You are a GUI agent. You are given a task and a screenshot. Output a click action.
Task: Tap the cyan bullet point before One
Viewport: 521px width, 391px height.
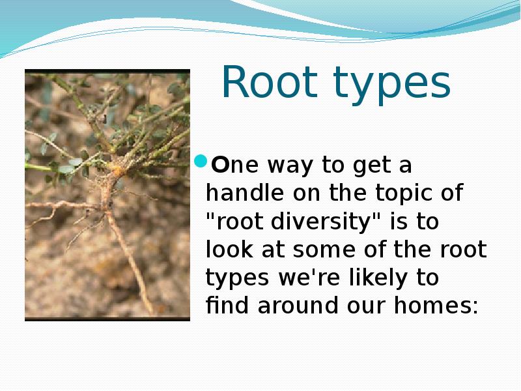click(201, 162)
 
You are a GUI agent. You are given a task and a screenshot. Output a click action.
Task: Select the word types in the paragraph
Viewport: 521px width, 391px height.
click(236, 279)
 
